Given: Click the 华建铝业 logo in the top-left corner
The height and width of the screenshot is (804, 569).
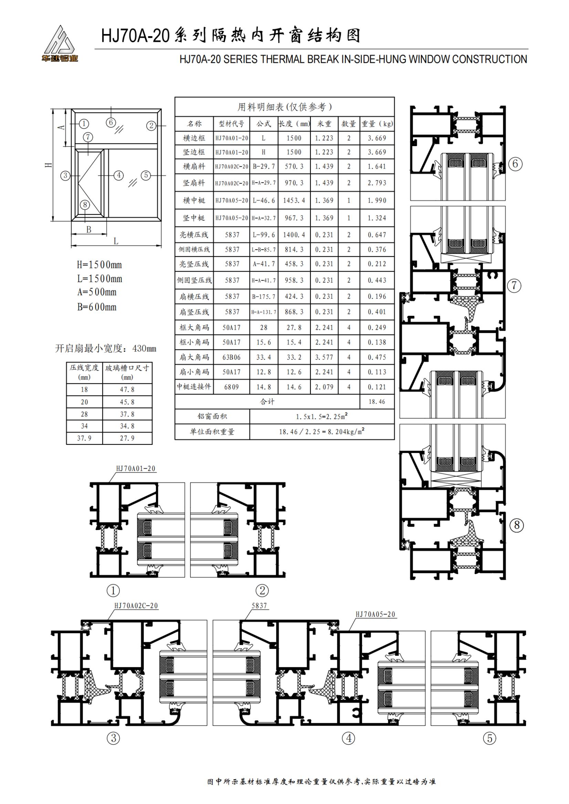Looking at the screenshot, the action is [x=60, y=44].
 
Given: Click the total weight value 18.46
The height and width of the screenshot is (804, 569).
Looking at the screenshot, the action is [x=377, y=401].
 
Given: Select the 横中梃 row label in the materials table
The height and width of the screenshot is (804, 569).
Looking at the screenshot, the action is [x=194, y=200].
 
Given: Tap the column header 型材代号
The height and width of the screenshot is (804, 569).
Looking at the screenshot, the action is [x=231, y=124].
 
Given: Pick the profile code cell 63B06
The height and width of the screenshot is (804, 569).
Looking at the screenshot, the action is [x=231, y=357].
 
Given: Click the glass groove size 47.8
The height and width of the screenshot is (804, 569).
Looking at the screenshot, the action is [x=127, y=389].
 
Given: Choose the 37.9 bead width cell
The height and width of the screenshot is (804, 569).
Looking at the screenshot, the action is [x=84, y=438].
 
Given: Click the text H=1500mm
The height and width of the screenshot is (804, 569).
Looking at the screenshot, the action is [x=99, y=265].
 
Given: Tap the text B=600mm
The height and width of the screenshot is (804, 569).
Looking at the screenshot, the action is [x=97, y=307].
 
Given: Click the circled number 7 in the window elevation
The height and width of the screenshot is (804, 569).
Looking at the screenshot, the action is [x=88, y=137].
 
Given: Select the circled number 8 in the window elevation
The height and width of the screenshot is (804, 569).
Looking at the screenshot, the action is [x=85, y=205].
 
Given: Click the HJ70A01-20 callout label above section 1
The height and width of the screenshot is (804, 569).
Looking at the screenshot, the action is [x=136, y=469].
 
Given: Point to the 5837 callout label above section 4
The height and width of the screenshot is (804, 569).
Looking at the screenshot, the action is [x=259, y=606].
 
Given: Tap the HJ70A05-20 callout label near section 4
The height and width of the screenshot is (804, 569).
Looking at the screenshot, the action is [x=375, y=614].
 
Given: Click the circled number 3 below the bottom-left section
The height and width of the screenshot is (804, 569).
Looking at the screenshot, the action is [x=113, y=738].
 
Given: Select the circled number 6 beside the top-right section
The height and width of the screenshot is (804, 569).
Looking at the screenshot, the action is [x=515, y=164].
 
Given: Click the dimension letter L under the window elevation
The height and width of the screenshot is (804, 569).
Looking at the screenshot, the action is [x=116, y=241].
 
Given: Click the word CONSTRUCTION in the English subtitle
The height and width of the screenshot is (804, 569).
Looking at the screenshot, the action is [x=489, y=59].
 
